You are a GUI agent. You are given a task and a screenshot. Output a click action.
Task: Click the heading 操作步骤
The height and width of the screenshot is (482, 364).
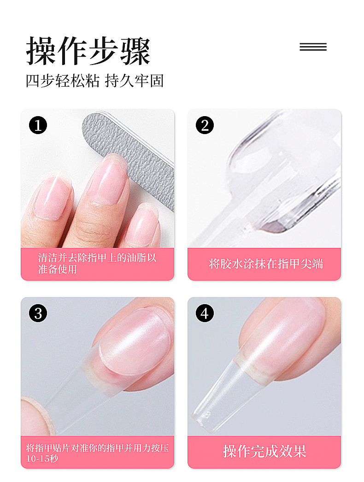(88, 51)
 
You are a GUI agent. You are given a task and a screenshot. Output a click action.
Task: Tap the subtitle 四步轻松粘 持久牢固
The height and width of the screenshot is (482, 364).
(95, 81)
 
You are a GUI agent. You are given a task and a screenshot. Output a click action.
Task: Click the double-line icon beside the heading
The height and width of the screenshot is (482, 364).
(313, 47)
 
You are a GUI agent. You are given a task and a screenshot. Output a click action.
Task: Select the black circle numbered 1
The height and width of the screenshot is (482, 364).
(38, 125)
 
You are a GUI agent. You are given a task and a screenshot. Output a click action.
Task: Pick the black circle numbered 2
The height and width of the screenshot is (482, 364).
(205, 125)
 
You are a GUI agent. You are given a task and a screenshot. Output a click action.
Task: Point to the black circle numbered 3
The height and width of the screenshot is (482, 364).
(38, 313)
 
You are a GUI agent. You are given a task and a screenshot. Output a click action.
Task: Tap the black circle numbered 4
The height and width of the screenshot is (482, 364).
(205, 313)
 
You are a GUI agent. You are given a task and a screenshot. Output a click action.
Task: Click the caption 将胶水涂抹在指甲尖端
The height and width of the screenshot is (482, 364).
(266, 264)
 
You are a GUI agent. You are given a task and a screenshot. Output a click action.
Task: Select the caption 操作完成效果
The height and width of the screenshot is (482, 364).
(264, 451)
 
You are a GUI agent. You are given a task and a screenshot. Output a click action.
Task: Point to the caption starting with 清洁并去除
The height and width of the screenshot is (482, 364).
(97, 264)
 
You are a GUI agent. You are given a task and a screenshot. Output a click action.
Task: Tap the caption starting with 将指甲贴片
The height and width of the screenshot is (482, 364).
(97, 453)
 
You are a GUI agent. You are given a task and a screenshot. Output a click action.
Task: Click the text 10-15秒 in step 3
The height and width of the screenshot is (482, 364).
(42, 458)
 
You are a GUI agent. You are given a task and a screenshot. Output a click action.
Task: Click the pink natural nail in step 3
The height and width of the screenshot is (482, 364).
(135, 341)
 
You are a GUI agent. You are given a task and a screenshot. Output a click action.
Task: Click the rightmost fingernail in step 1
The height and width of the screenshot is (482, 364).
(145, 224)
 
